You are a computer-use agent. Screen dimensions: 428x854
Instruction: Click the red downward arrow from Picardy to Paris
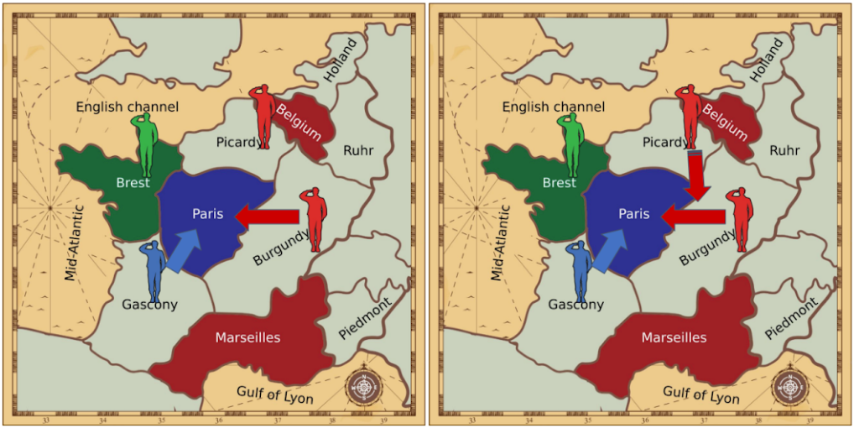point(697,176)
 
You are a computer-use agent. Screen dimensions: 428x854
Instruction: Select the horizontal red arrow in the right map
point(692,217)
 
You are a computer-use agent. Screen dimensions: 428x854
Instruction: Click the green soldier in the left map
point(146,144)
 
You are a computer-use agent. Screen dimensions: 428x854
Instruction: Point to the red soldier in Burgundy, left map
point(315,219)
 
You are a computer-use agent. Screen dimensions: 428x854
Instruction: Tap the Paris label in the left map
point(207,213)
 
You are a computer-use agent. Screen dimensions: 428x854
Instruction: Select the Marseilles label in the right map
point(674,337)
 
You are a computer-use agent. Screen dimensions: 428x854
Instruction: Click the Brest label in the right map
point(559,182)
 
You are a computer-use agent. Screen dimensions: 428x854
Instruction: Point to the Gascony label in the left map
point(149,304)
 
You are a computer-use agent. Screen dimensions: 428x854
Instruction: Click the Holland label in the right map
point(766,60)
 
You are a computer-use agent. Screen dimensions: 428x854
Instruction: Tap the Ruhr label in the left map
point(358,150)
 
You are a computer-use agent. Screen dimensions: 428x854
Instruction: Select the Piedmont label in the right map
point(790,319)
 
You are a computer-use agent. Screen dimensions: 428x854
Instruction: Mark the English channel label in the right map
point(554,107)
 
